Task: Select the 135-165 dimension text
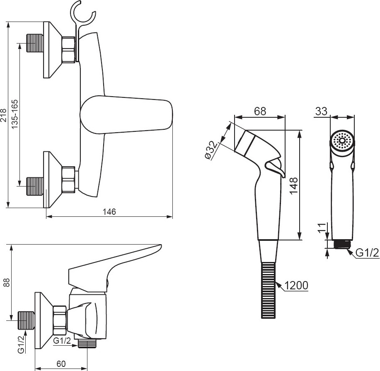click(x=15, y=114)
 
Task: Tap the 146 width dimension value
click(x=109, y=212)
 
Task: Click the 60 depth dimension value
click(x=61, y=364)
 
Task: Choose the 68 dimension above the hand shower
click(x=260, y=111)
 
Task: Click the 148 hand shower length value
click(x=294, y=186)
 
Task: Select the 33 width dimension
click(x=321, y=111)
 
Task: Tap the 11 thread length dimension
click(x=322, y=228)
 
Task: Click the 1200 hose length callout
click(x=296, y=286)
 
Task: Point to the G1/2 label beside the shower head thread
click(x=367, y=253)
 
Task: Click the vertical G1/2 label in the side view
click(x=21, y=344)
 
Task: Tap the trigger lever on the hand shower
click(x=275, y=167)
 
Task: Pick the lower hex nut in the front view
click(x=69, y=180)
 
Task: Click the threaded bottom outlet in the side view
click(x=87, y=344)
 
